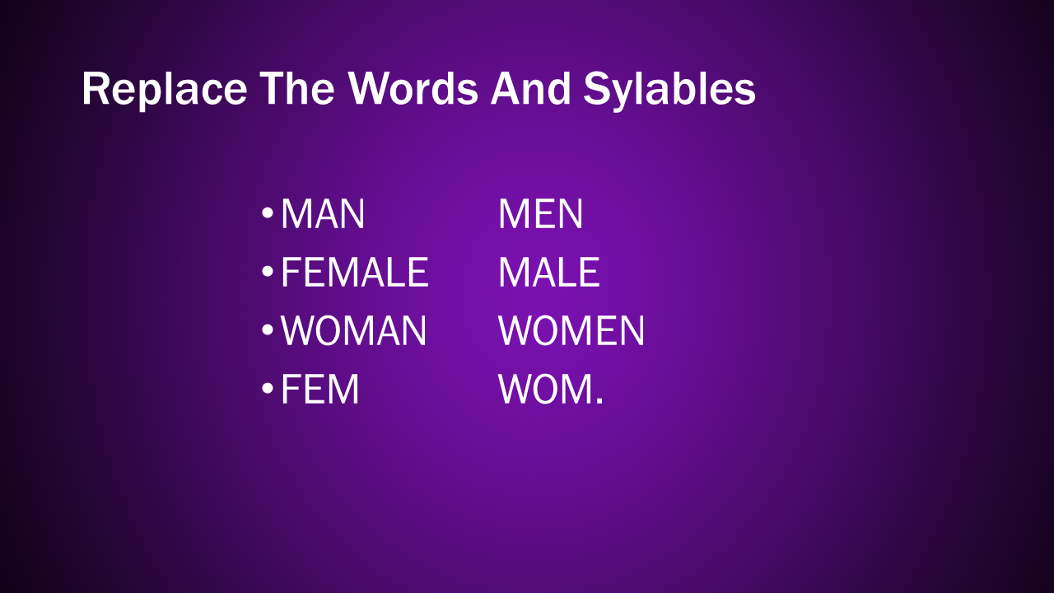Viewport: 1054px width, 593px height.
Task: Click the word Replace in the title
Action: pyautogui.click(x=164, y=90)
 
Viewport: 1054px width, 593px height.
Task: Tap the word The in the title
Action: pyautogui.click(x=297, y=88)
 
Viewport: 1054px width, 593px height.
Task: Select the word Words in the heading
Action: pyautogui.click(x=413, y=88)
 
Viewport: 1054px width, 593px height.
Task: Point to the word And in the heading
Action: pyautogui.click(x=531, y=88)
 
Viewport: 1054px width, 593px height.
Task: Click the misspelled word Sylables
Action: pyautogui.click(x=669, y=90)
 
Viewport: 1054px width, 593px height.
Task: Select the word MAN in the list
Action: pyautogui.click(x=323, y=213)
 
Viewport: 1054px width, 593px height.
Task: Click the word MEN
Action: pyautogui.click(x=541, y=213)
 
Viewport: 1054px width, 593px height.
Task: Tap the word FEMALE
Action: pyautogui.click(x=355, y=272)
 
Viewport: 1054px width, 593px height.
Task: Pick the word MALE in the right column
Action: pyautogui.click(x=549, y=272)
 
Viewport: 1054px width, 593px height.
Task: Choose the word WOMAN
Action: pyautogui.click(x=354, y=331)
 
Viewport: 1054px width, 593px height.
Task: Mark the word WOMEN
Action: pyautogui.click(x=571, y=331)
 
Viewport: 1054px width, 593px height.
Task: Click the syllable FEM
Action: pyautogui.click(x=320, y=390)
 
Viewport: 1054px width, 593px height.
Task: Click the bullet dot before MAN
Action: pyautogui.click(x=268, y=213)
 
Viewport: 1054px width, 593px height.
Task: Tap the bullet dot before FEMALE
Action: pyautogui.click(x=268, y=272)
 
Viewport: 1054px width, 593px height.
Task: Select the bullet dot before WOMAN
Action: pyautogui.click(x=268, y=330)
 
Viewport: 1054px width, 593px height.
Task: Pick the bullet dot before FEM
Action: pyautogui.click(x=268, y=389)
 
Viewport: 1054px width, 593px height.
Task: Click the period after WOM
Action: pyautogui.click(x=599, y=401)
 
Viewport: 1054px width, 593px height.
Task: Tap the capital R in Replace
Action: pyautogui.click(x=95, y=88)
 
